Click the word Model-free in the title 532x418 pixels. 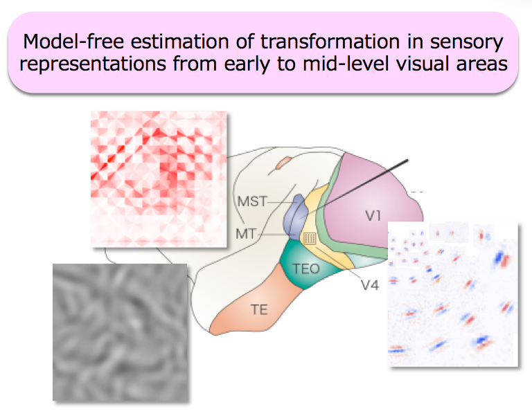pyautogui.click(x=73, y=42)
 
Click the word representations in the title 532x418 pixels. pyautogui.click(x=93, y=64)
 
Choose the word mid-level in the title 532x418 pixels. pyautogui.click(x=346, y=64)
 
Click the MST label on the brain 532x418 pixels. pyautogui.click(x=252, y=201)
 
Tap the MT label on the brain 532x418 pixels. pyautogui.click(x=246, y=234)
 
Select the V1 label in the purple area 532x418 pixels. pyautogui.click(x=373, y=216)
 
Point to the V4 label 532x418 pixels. pyautogui.click(x=369, y=285)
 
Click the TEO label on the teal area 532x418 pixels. pyautogui.click(x=306, y=269)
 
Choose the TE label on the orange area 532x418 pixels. pyautogui.click(x=259, y=309)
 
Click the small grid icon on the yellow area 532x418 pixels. pyautogui.click(x=310, y=238)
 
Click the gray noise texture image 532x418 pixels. pyautogui.click(x=121, y=333)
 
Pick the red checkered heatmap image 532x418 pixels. pyautogui.click(x=159, y=179)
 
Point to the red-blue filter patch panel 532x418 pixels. pyautogui.click(x=453, y=294)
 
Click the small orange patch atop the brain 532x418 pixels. pyautogui.click(x=283, y=163)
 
